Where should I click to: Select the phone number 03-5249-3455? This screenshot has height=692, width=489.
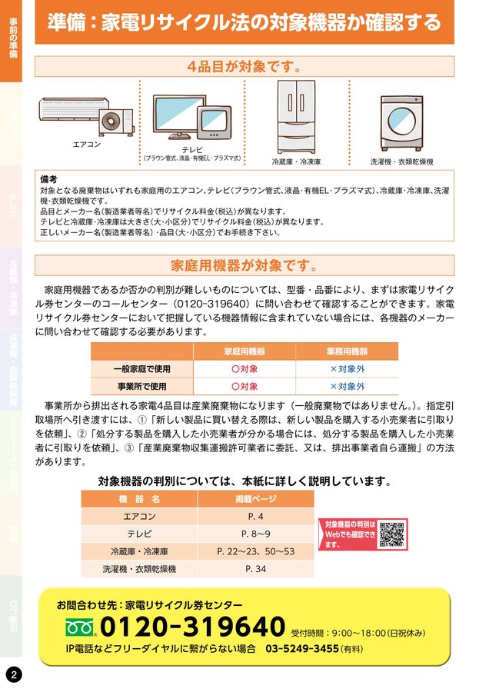(x=302, y=649)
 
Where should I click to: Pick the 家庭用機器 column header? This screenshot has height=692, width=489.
(x=244, y=351)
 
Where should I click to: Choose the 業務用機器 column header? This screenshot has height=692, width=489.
(x=347, y=351)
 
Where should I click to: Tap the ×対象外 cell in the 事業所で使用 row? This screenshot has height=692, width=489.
(x=347, y=387)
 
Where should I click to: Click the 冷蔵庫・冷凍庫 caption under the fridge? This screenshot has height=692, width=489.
(x=296, y=162)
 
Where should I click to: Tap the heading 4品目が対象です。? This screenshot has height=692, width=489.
(x=244, y=66)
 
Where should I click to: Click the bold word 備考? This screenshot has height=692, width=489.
(x=49, y=178)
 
